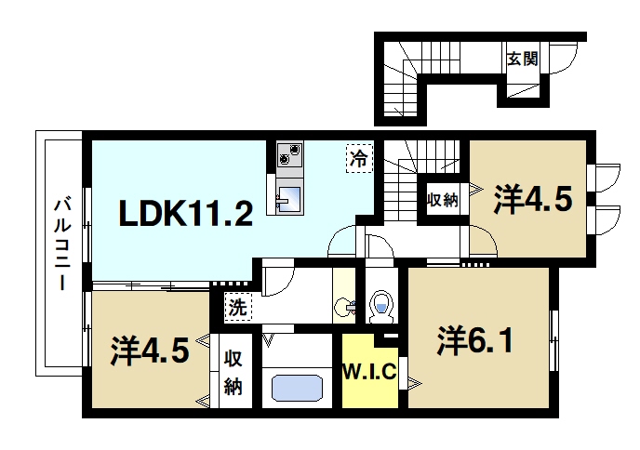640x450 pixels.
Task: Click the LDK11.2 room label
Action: coord(185,215)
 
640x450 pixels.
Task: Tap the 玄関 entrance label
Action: coord(522,59)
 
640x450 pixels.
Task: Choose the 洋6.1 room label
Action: coord(474,341)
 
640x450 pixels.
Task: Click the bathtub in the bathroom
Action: coord(298,387)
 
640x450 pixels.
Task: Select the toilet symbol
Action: coord(380,304)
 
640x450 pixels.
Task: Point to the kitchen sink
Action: coord(289,198)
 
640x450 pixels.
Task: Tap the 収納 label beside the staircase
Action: coord(442,198)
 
